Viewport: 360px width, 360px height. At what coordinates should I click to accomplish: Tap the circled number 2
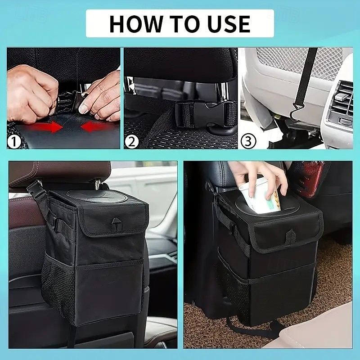coord(131,142)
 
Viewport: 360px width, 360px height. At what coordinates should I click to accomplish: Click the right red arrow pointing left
coord(96,126)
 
